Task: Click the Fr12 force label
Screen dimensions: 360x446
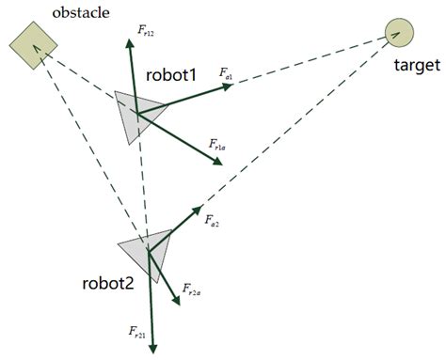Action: pos(146,34)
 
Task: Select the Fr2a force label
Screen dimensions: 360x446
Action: pos(192,291)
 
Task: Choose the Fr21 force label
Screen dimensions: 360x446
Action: pos(137,332)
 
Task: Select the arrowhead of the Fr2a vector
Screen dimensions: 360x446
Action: pos(175,302)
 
